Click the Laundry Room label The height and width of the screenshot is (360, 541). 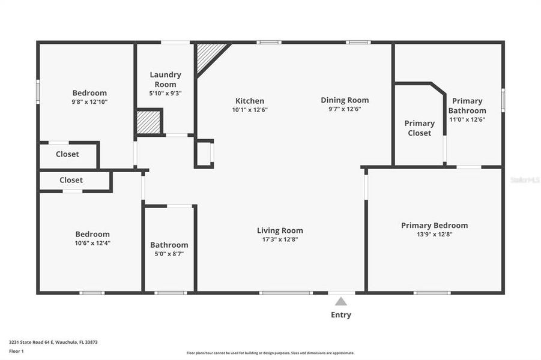coord(165,79)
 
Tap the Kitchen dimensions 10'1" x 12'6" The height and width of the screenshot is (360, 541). coord(249,110)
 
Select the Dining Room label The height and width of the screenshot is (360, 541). coord(345,100)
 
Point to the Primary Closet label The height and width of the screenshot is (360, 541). coord(419,128)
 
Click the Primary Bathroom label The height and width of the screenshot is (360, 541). coord(467,106)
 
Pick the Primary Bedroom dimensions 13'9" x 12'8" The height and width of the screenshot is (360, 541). coord(434,235)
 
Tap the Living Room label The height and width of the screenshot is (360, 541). coord(280,230)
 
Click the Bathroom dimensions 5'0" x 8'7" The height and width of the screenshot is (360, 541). coord(169,254)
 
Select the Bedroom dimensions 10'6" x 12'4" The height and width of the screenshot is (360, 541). coord(92,243)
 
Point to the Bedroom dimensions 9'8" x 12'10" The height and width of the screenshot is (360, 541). coord(89,102)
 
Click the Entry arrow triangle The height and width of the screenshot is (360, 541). coord(341,302)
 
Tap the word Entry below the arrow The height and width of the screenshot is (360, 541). coord(341,315)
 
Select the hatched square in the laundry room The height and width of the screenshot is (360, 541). coord(148,122)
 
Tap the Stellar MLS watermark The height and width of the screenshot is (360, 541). coord(525,179)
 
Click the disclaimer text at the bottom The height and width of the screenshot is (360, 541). coord(270,353)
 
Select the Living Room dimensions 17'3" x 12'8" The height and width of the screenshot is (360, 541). coord(280,239)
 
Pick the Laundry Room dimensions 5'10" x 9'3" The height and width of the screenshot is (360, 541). coord(165,93)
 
